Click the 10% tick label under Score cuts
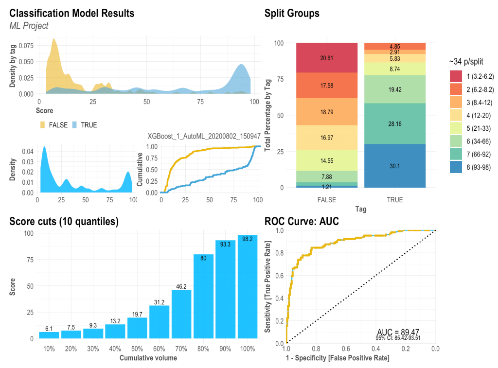(49, 349)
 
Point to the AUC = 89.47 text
(398, 332)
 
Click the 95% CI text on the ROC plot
(398, 338)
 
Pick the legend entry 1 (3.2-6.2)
(456, 76)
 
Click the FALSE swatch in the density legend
(43, 125)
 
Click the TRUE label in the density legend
(89, 125)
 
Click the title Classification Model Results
(72, 13)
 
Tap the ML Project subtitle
(29, 26)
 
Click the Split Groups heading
(292, 13)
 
